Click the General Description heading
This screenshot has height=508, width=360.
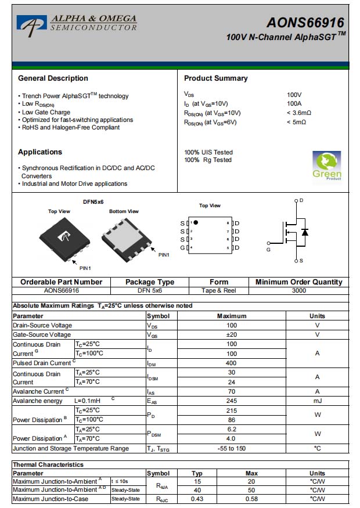tap(53, 78)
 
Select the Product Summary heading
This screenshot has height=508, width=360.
tap(215, 78)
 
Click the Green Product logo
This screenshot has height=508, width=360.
tap(327, 167)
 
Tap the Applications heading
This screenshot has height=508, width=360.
tap(40, 152)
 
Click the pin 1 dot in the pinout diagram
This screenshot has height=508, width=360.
tap(196, 222)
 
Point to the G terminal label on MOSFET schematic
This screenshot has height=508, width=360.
tap(268, 250)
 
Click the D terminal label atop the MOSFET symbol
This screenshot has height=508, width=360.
tap(301, 200)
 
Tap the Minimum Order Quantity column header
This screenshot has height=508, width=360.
tap(298, 282)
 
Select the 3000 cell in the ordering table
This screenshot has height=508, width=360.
tap(298, 290)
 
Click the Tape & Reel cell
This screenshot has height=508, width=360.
tap(218, 290)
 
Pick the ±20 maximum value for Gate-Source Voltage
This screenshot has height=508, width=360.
tap(232, 335)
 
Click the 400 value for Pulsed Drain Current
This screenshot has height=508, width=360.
tap(232, 363)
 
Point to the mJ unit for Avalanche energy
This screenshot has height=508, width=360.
tap(317, 401)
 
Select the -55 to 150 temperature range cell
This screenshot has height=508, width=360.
tap(232, 448)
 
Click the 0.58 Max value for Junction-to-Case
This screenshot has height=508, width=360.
tap(251, 499)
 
